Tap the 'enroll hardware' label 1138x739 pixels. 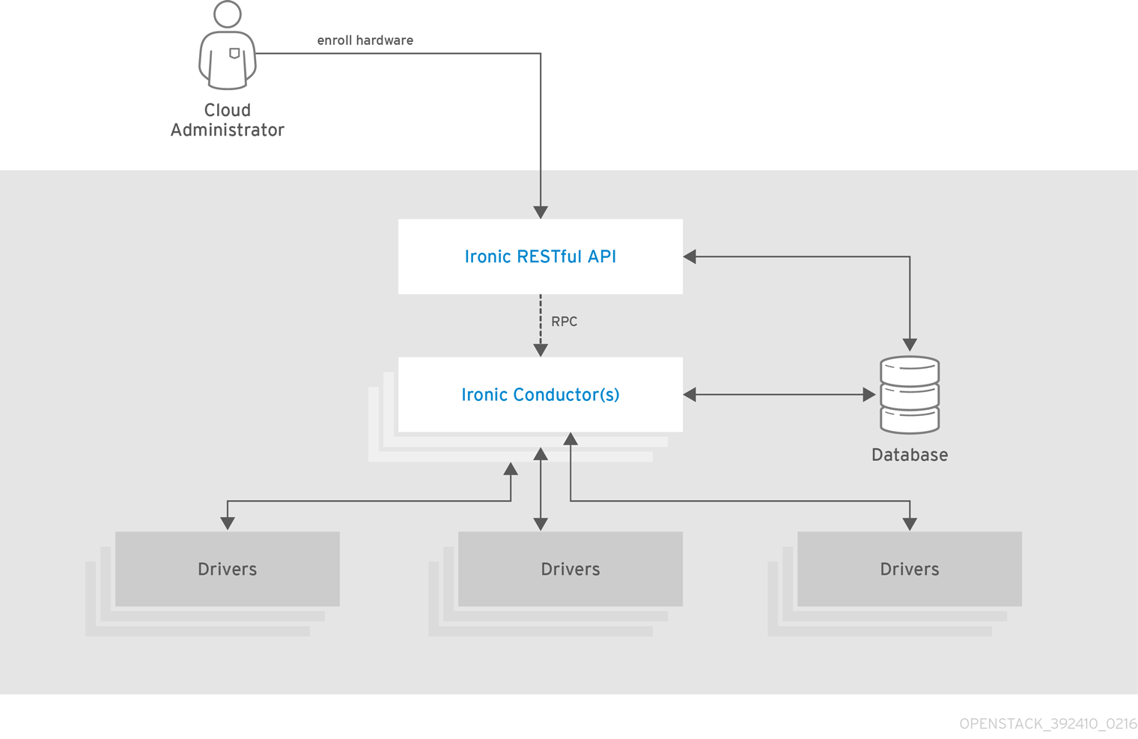(365, 40)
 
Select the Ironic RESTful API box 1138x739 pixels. (540, 256)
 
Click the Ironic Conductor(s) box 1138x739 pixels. (540, 394)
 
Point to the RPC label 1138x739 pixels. (564, 322)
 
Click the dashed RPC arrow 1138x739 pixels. (541, 322)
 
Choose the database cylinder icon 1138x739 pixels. (910, 394)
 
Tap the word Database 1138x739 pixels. (909, 455)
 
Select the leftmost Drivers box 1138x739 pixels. (227, 569)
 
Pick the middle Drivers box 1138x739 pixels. (570, 569)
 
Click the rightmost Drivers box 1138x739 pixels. (909, 569)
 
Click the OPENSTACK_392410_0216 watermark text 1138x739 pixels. (1047, 724)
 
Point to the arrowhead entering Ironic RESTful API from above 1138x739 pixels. (541, 213)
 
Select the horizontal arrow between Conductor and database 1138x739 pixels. (779, 394)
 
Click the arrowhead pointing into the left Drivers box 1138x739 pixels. (228, 523)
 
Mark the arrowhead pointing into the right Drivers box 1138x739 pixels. (910, 523)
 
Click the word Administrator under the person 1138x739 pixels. (227, 130)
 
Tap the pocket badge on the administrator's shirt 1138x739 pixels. (234, 53)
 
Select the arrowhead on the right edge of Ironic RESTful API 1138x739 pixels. (690, 256)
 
